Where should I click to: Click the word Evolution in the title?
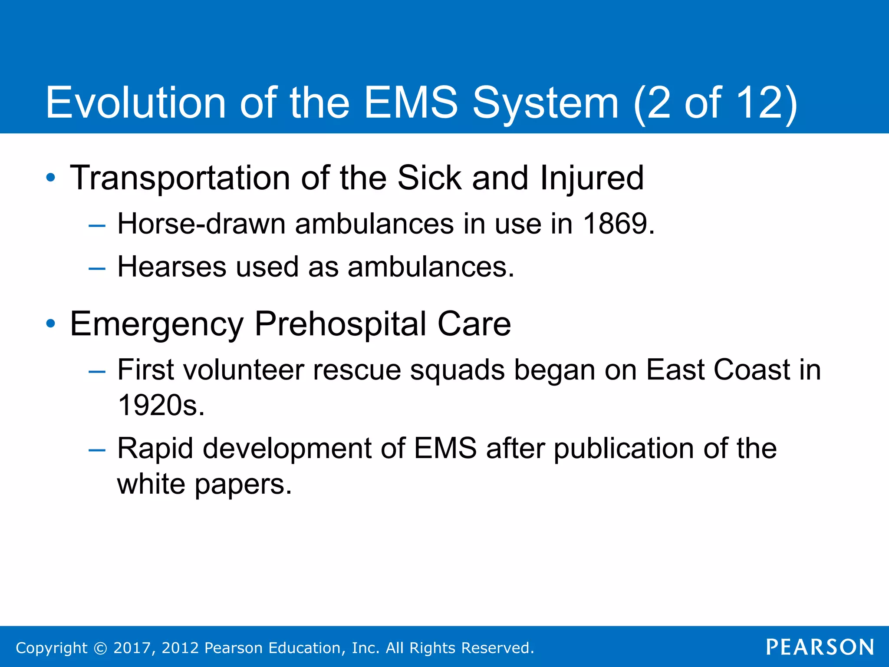[x=135, y=102]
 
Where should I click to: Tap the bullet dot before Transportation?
[x=51, y=178]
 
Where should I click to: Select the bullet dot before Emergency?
[x=51, y=324]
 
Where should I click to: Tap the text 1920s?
[x=161, y=406]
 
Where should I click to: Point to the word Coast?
[x=752, y=370]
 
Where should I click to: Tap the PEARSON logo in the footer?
[x=820, y=647]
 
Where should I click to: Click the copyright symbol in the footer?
[x=100, y=648]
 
